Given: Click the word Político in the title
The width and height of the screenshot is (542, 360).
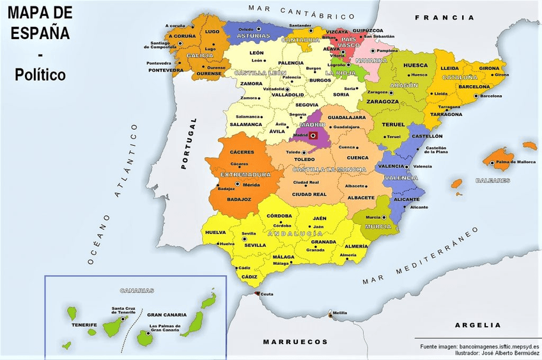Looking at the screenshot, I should click(x=40, y=75).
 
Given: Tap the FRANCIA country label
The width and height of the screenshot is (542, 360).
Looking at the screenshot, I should click(x=444, y=18).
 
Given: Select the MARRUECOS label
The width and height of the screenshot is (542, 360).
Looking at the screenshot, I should click(x=295, y=341).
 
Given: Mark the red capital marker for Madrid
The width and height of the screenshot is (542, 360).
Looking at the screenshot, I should click(x=313, y=135).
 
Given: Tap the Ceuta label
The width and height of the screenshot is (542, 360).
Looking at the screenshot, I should click(x=267, y=294).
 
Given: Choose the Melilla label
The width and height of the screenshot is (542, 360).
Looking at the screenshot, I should click(x=339, y=313).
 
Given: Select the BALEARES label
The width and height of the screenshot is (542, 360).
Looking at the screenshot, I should click(x=493, y=180).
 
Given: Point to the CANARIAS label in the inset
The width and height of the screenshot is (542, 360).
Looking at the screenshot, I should click(x=137, y=290).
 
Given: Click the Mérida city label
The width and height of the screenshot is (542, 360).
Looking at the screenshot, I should click(x=250, y=184).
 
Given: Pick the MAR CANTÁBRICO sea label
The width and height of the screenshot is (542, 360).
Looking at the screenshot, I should click(x=301, y=11).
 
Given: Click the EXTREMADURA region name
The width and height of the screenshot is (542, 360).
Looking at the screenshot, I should click(x=245, y=174).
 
